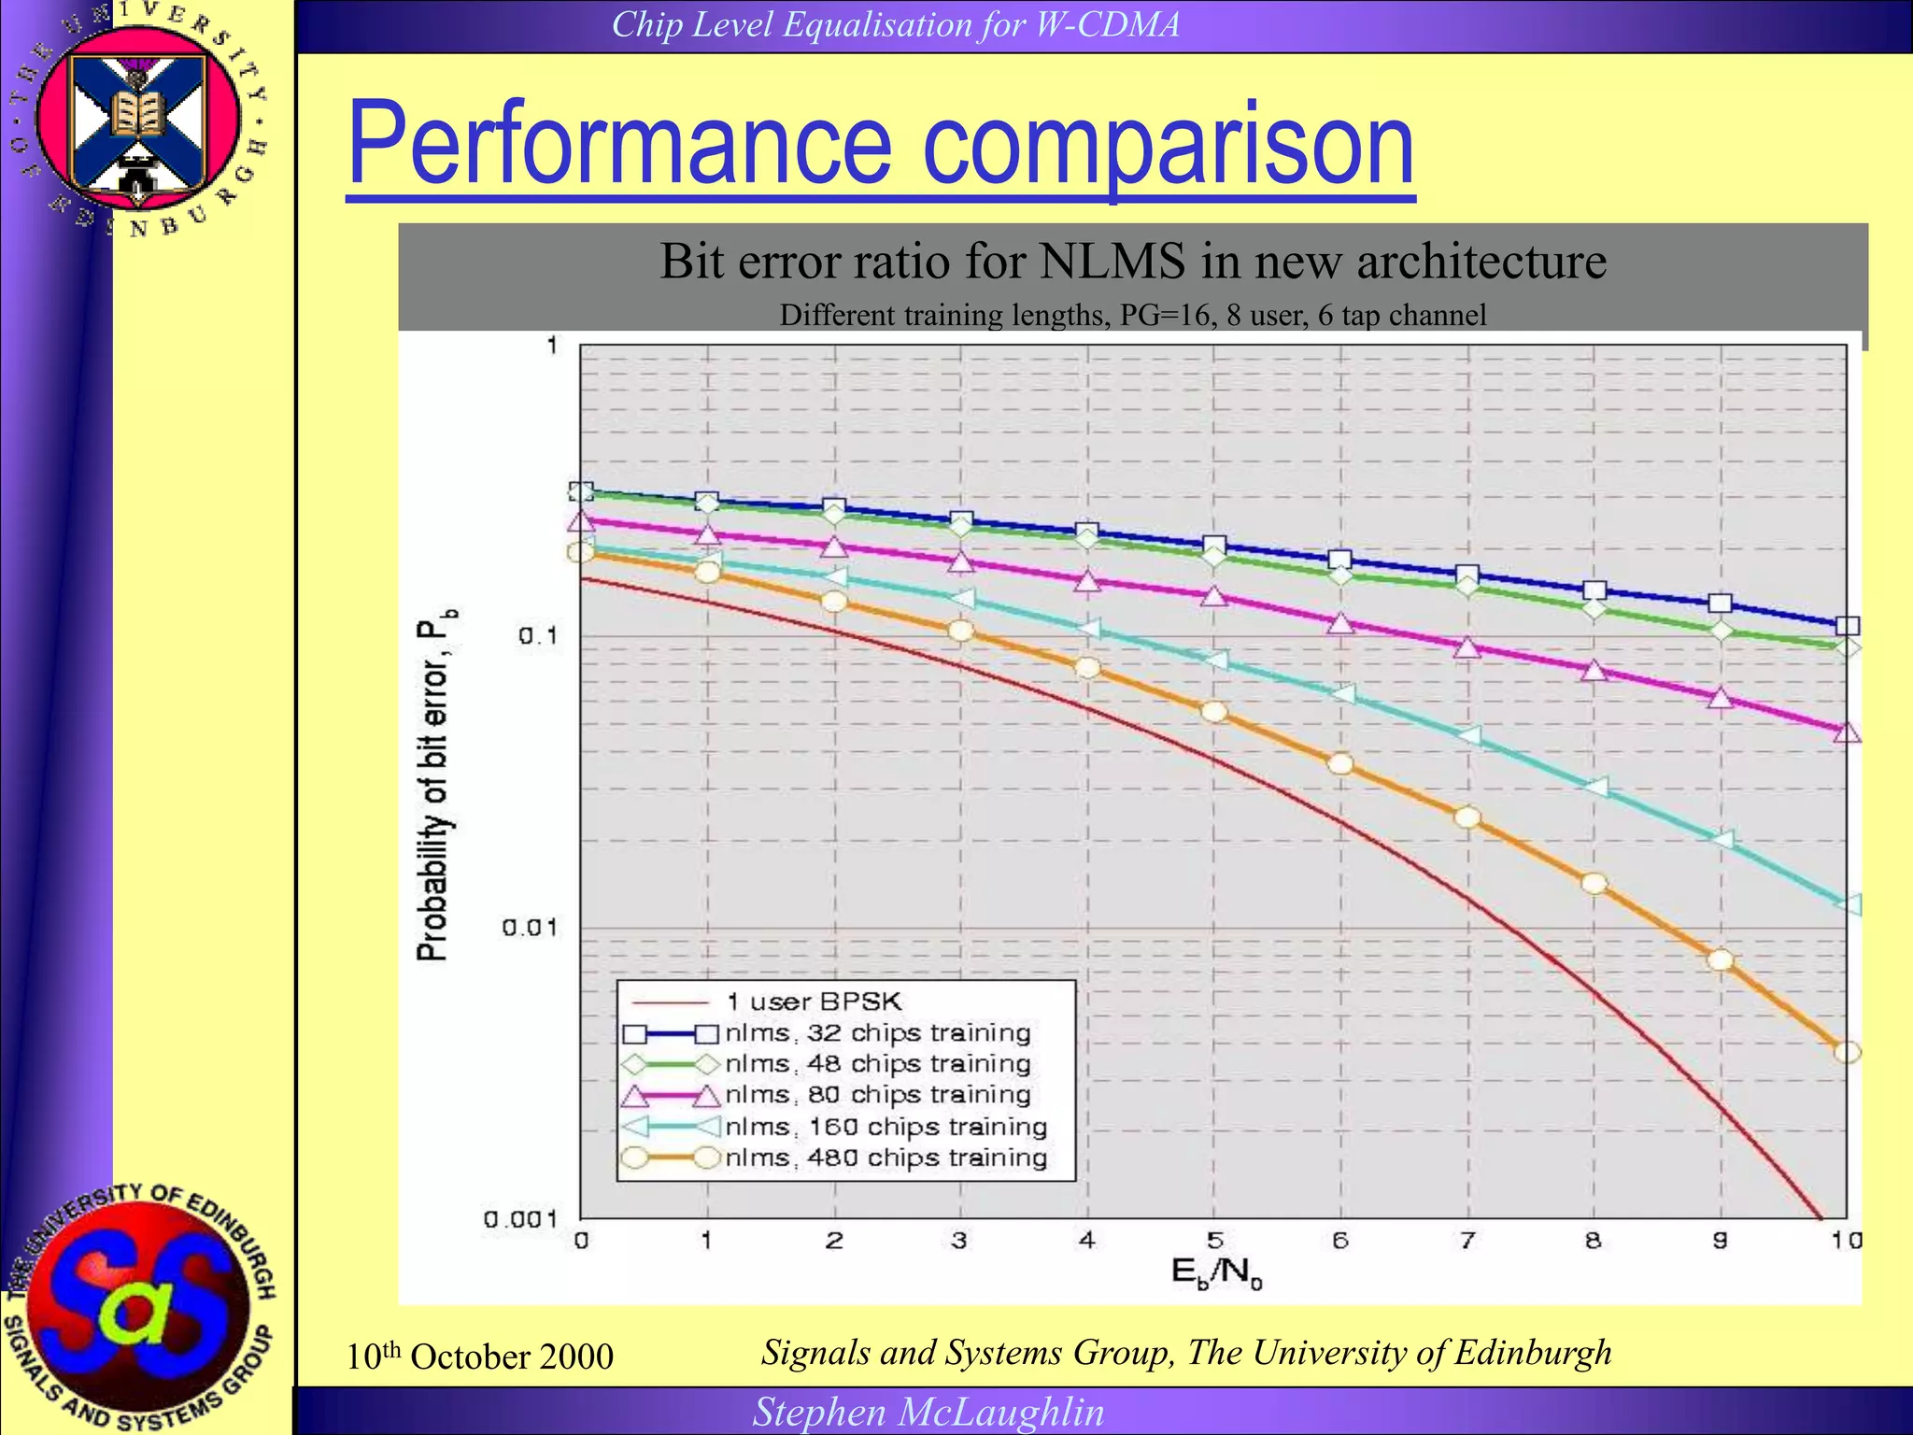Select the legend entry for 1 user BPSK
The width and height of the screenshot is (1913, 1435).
813,1002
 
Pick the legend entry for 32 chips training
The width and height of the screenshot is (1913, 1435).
878,1033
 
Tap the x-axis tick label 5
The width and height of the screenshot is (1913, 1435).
1214,1241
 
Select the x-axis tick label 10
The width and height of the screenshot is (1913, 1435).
1846,1241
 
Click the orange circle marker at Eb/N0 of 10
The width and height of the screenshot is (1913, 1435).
1847,1052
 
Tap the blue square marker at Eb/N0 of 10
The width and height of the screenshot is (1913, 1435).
1847,626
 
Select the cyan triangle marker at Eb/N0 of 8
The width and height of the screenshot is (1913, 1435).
1595,787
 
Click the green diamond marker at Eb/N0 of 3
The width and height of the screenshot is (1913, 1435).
960,527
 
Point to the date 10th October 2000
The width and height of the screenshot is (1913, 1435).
479,1357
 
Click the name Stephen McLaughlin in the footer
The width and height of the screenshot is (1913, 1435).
928,1412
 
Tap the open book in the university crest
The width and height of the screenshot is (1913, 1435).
137,113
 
